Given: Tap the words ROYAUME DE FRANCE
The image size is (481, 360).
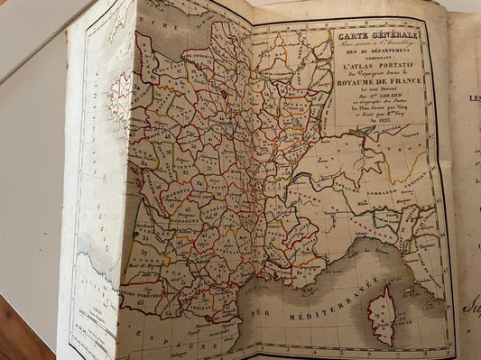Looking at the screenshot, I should (374, 88).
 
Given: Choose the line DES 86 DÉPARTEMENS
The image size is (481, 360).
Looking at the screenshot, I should (373, 53).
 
